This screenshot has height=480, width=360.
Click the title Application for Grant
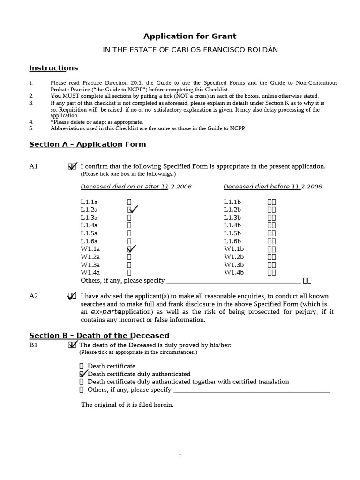tap(190, 36)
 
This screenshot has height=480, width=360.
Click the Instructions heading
tap(53, 68)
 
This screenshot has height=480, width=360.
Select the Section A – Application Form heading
tap(88, 144)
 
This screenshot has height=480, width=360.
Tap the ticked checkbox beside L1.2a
tap(130, 210)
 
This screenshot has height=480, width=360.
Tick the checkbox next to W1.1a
tap(130, 249)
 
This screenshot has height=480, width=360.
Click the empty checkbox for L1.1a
tap(129, 202)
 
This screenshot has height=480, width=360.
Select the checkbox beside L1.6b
tap(271, 241)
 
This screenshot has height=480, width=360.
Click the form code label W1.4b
tap(233, 272)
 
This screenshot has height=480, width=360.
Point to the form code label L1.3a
tap(89, 217)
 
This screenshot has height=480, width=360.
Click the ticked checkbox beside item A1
tap(72, 166)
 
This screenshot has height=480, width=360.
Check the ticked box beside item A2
tap(72, 296)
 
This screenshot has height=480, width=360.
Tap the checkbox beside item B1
tap(72, 345)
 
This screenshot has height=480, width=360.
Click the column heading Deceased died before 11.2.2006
tap(272, 187)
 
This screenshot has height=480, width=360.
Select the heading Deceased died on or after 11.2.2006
tap(136, 187)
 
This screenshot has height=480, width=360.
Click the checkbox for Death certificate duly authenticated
tap(82, 374)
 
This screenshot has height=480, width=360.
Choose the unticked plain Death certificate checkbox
tap(82, 366)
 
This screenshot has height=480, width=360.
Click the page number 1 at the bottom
tap(180, 453)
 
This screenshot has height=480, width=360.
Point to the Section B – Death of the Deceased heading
tap(99, 336)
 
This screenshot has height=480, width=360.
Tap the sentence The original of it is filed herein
tap(127, 405)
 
